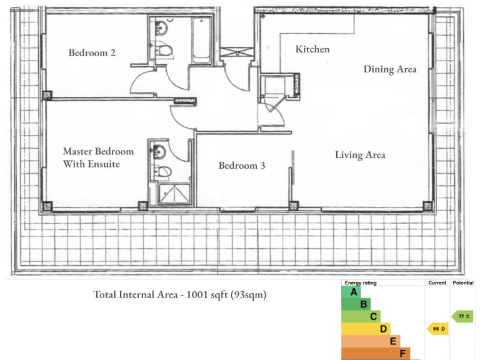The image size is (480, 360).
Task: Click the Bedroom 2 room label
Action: coord(92,52)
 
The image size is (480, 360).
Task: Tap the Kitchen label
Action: coord(312,49)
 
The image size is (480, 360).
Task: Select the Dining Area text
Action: coord(390,69)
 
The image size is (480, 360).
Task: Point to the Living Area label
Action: coord(360,154)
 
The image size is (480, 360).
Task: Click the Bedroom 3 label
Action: coord(237,166)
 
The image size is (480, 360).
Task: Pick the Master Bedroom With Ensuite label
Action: coord(98,157)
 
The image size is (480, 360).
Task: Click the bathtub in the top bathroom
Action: coord(201,41)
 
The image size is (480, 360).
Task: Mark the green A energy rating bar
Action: coord(351,292)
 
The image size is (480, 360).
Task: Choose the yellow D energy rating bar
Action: coord(366,329)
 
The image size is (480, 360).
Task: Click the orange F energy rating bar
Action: coord(376,354)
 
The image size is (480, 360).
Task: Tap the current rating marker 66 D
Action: coord(437,329)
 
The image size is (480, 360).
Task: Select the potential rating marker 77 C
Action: coord(462,317)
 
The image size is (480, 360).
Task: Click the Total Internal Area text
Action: coord(180,294)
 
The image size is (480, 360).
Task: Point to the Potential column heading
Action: coord(463,283)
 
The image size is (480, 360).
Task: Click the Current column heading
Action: coord(437,283)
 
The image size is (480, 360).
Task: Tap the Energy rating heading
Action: coord(361,283)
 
